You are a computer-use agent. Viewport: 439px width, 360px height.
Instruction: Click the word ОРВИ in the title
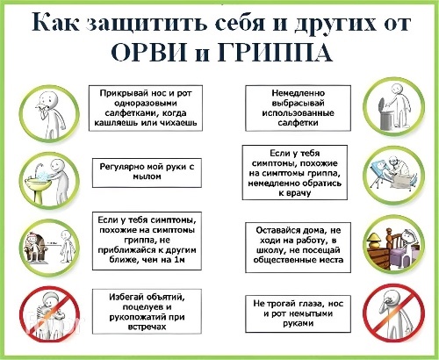[x=149, y=53]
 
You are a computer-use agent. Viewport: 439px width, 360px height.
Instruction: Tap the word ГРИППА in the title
[x=275, y=53]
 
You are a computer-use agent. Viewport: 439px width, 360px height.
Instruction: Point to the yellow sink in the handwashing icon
[x=38, y=187]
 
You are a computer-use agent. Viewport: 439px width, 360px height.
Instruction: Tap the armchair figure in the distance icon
[x=33, y=248]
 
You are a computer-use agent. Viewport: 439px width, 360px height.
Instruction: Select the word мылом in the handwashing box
[x=147, y=176]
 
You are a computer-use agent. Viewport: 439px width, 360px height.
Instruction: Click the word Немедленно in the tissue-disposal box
[x=299, y=93]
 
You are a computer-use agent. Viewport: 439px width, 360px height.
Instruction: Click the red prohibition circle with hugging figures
[x=50, y=314]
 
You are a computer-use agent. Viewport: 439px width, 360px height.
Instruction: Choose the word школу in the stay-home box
[x=270, y=250]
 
